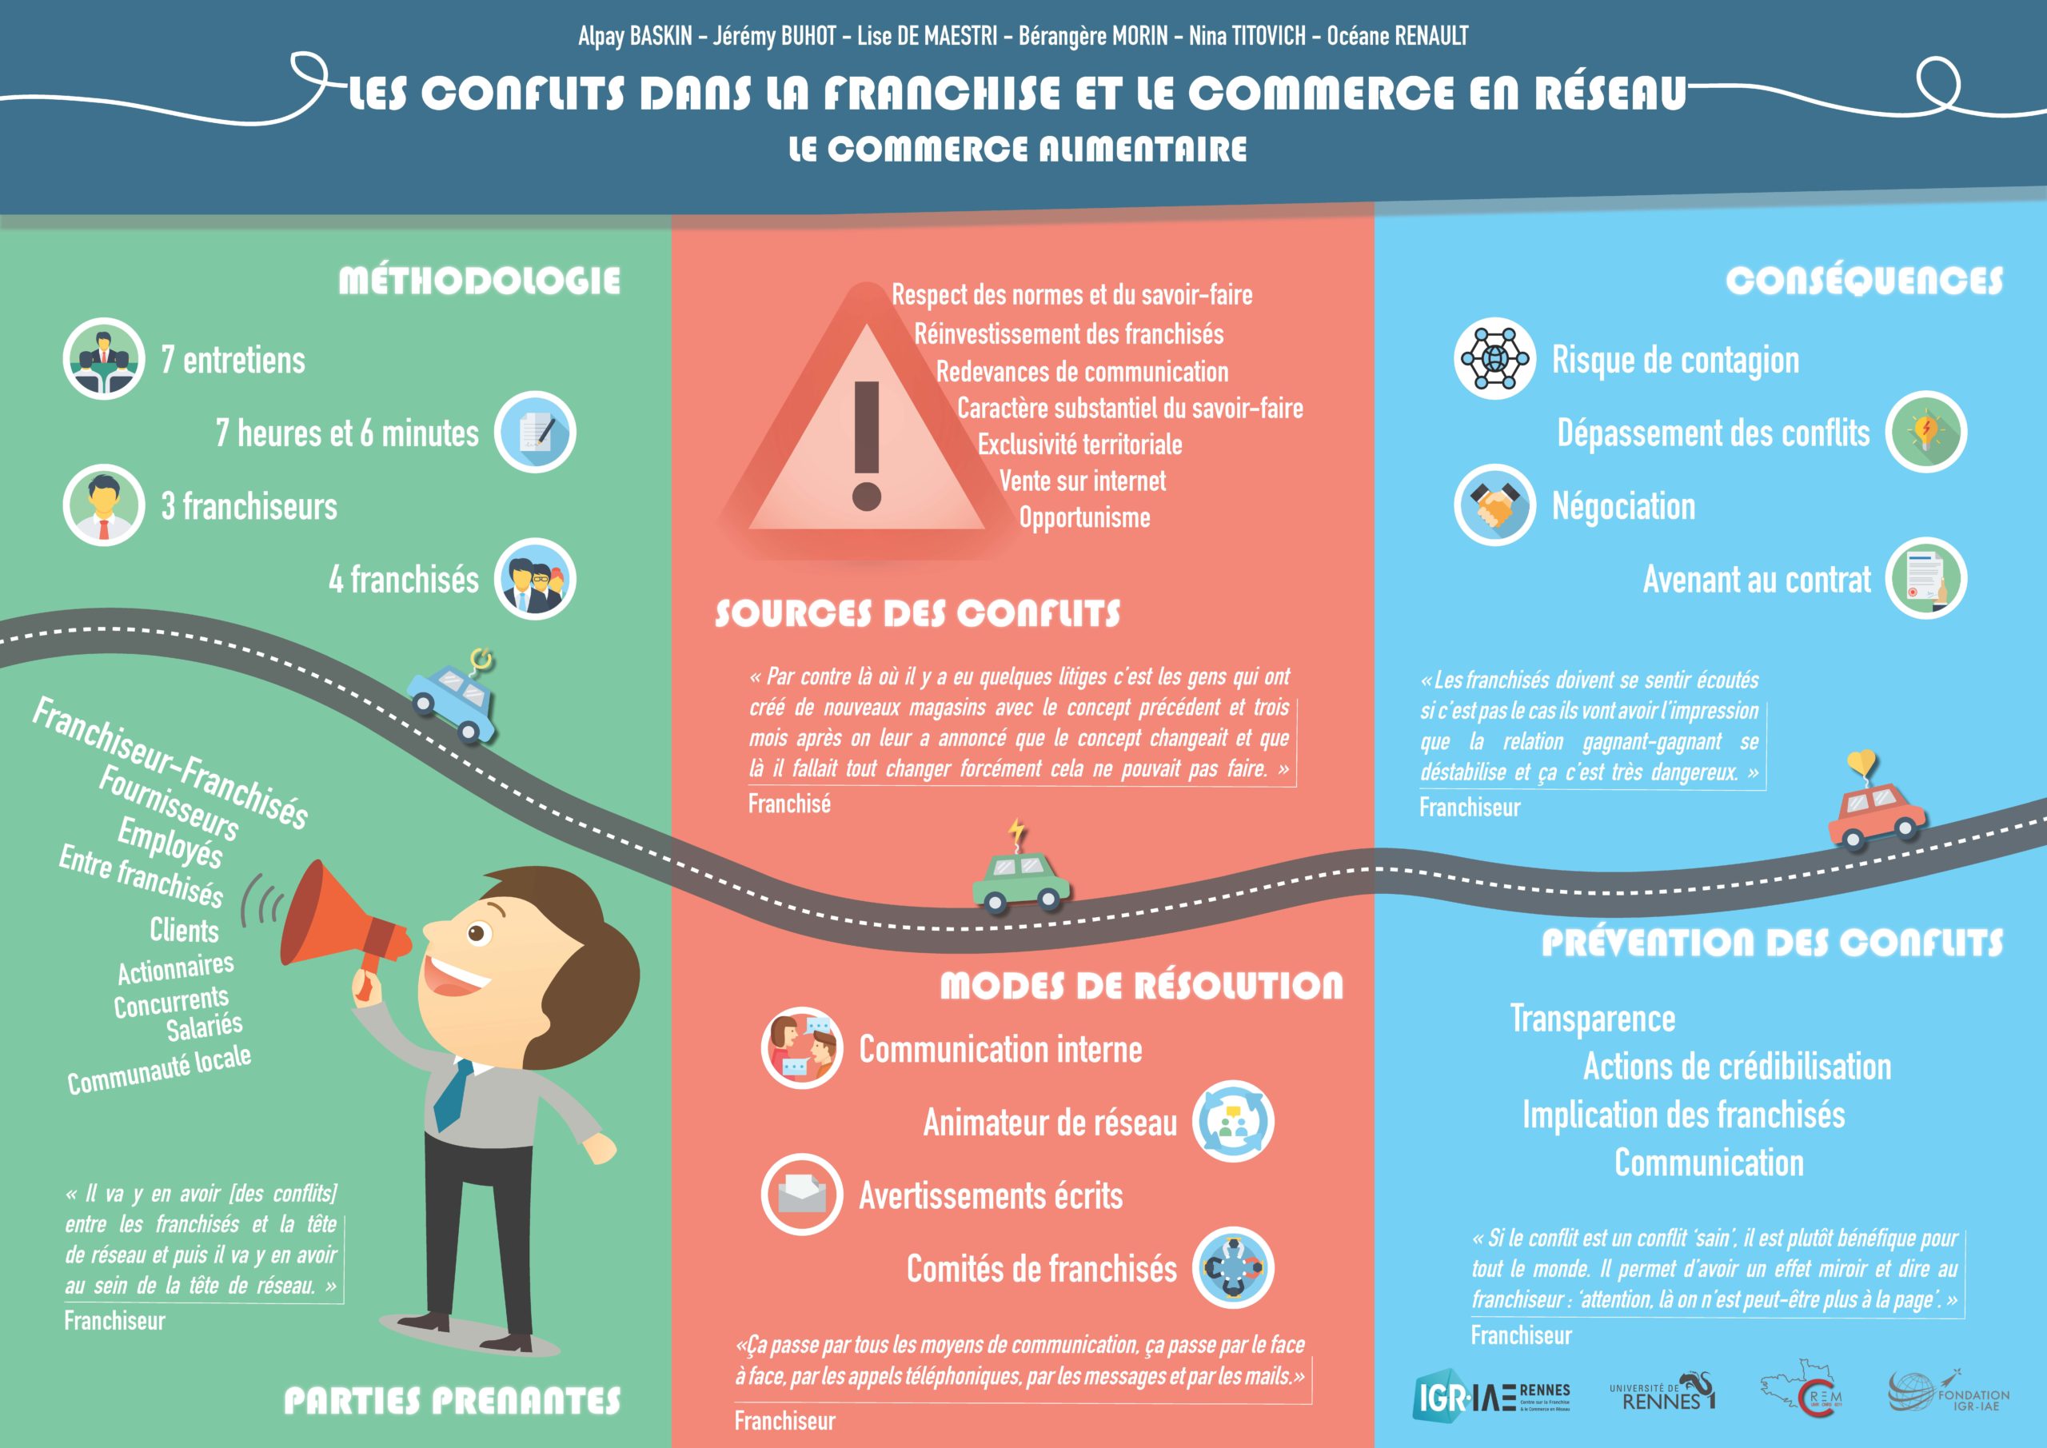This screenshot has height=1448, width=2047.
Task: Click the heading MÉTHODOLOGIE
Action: (480, 281)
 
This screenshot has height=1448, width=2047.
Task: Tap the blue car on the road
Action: (452, 703)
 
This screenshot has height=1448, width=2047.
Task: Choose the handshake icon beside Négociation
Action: (1495, 505)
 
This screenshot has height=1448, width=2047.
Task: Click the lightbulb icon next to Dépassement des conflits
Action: (1925, 432)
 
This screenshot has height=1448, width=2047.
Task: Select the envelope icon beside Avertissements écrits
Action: (801, 1194)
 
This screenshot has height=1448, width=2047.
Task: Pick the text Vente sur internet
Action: (1083, 481)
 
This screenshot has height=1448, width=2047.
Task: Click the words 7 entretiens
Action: (233, 361)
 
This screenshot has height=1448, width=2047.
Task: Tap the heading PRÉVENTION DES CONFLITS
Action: (1773, 943)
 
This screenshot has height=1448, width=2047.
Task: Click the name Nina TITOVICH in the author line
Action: (1247, 36)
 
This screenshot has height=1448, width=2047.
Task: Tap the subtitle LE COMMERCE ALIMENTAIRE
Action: (1018, 149)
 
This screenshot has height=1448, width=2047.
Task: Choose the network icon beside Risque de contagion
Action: (1495, 358)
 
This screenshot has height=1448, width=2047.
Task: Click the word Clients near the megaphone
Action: (185, 930)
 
